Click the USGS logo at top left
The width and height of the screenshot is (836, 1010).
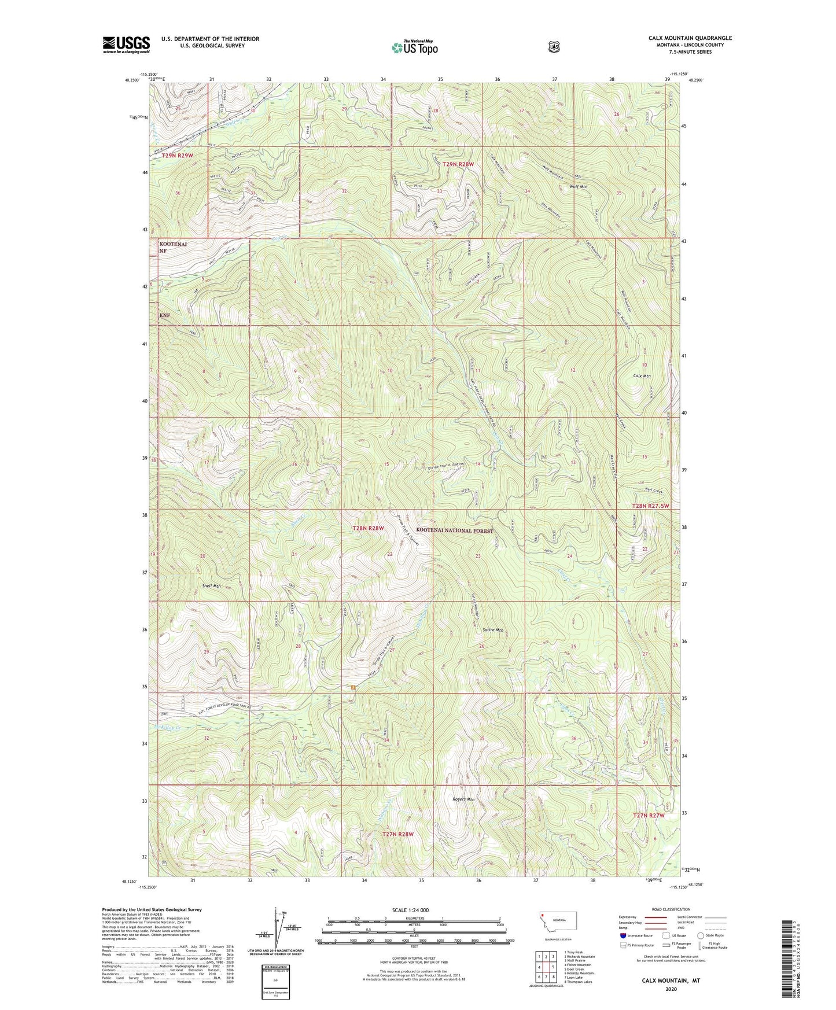tap(126, 45)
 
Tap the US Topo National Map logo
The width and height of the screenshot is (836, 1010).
tap(414, 47)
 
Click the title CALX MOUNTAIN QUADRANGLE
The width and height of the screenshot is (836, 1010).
tap(690, 38)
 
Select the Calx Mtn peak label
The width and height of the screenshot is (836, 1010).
tap(642, 376)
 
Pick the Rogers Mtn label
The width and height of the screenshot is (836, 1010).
tap(463, 799)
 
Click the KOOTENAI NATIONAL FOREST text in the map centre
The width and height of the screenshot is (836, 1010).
tap(454, 530)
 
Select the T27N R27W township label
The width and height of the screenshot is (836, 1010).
tap(649, 815)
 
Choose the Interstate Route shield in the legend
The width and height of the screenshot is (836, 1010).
tap(623, 935)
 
